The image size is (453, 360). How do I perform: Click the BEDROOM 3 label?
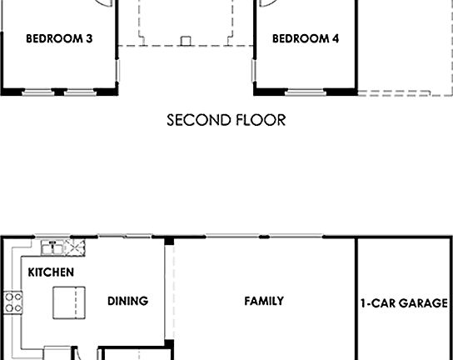click(x=59, y=38)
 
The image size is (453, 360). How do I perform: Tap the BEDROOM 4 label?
click(x=306, y=38)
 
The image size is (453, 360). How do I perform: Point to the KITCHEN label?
click(x=51, y=272)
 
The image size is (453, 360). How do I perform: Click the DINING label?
click(x=127, y=301)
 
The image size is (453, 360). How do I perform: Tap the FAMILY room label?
click(x=264, y=301)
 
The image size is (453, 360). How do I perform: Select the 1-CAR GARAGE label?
click(x=404, y=303)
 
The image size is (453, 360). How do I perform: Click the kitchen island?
click(x=67, y=301)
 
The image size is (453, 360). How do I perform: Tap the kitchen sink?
click(x=53, y=247)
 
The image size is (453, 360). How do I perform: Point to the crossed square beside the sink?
click(x=77, y=247)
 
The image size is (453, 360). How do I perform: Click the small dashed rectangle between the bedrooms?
click(x=187, y=39)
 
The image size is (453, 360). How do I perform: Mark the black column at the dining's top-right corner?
click(x=169, y=242)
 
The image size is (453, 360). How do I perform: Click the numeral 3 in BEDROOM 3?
click(x=88, y=38)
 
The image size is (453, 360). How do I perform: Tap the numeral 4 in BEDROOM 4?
click(x=335, y=38)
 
